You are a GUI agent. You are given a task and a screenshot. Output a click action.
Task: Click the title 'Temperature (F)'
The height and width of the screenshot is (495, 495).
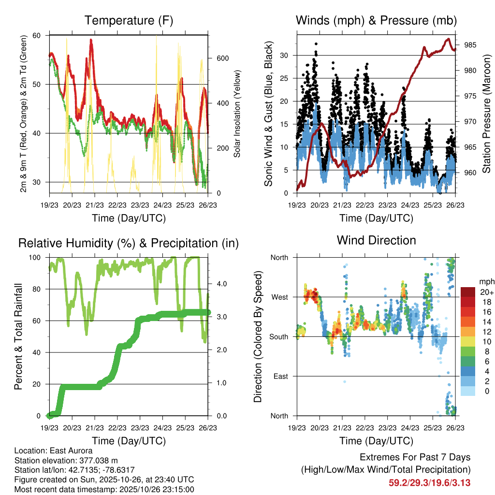click(129, 21)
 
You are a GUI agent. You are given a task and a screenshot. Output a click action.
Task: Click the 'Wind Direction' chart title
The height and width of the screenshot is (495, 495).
click(376, 240)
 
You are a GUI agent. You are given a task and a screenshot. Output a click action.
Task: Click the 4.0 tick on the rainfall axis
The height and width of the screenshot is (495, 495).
click(220, 284)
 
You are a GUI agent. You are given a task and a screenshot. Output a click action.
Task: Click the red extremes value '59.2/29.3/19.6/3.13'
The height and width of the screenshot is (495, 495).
click(429, 482)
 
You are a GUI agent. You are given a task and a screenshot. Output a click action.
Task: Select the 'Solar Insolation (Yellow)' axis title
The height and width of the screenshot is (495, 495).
click(237, 114)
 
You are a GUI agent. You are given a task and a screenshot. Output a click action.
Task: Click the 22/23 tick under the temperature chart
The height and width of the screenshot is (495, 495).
click(117, 205)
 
